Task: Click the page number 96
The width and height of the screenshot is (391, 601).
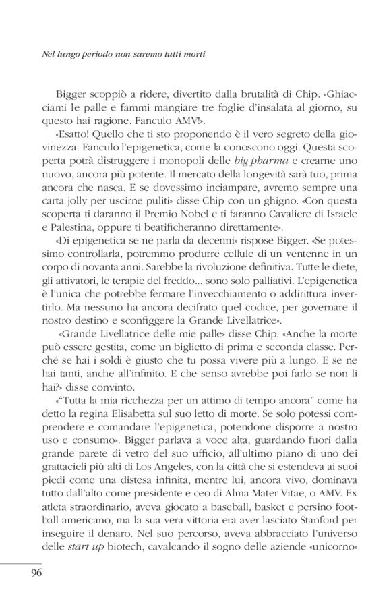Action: pos(36,574)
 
